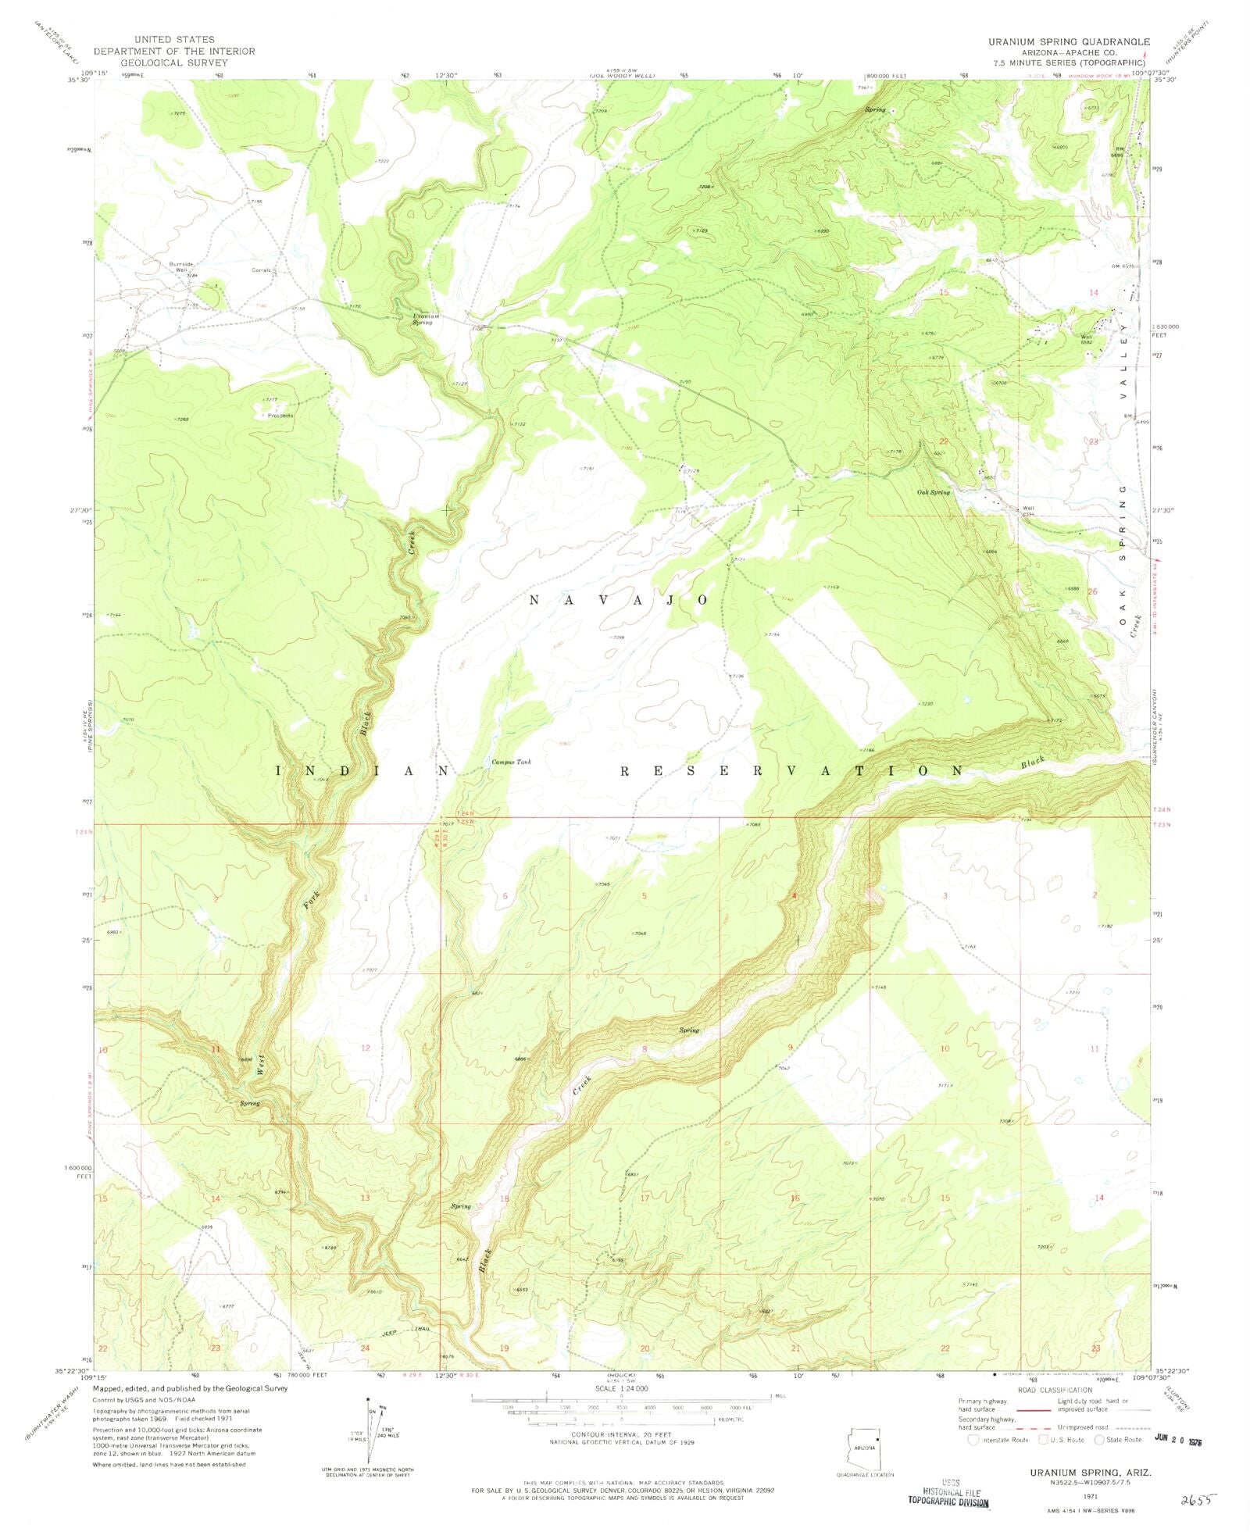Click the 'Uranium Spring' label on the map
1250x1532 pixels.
[427, 320]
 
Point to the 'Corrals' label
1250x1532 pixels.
[261, 270]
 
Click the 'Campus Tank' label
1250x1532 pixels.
[511, 762]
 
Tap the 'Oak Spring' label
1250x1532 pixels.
[934, 492]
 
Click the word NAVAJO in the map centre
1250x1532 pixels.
[619, 600]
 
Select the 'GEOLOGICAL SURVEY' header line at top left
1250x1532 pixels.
[173, 62]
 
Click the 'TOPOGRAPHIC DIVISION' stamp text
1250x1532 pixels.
[948, 1502]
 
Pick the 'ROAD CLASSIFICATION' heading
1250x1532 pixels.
[1054, 1390]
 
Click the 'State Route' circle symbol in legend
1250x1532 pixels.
[1101, 1440]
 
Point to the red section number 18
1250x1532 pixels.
[505, 1198]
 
